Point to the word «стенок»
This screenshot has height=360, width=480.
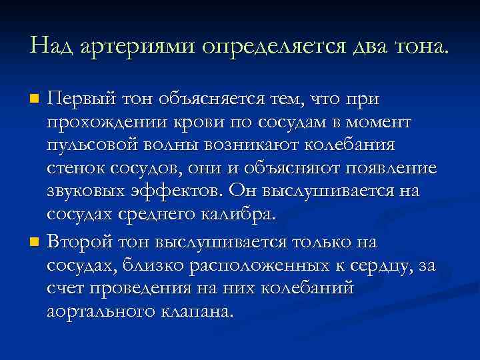click(71, 169)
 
